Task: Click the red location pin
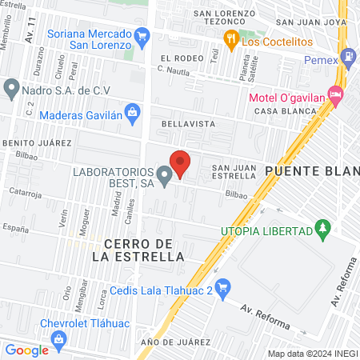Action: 181,163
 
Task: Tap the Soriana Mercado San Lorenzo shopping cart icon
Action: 143,35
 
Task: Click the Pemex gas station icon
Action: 348,57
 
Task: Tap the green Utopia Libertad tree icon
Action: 323,230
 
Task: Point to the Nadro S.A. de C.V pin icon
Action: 11,87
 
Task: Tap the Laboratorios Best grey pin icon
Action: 164,176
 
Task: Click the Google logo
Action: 26,350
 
